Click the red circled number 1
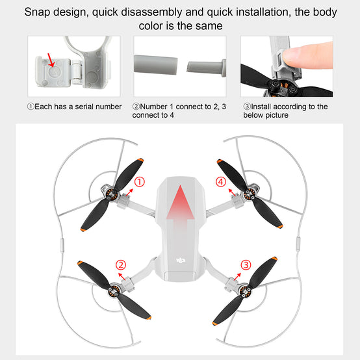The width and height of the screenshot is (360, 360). [x=139, y=182]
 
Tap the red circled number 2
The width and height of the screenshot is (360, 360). [x=121, y=265]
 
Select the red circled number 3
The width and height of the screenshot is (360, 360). [x=246, y=265]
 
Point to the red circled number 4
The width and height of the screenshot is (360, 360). [x=221, y=182]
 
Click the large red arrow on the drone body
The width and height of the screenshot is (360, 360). [x=180, y=204]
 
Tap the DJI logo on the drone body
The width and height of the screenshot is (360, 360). [x=181, y=261]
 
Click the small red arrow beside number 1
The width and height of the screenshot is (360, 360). [x=129, y=192]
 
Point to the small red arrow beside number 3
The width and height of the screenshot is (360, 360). [x=237, y=277]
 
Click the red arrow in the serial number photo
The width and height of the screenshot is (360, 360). [x=51, y=60]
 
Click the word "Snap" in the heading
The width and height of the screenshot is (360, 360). [x=37, y=12]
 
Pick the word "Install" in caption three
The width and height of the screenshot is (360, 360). [x=261, y=107]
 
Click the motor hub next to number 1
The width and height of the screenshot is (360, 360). [x=112, y=195]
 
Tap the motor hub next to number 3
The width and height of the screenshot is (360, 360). [x=245, y=292]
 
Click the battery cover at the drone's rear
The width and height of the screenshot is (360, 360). [x=181, y=276]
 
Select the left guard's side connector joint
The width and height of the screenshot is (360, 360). [x=62, y=246]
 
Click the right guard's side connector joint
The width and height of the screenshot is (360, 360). [x=298, y=244]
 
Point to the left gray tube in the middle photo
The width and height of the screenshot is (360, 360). [x=156, y=65]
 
